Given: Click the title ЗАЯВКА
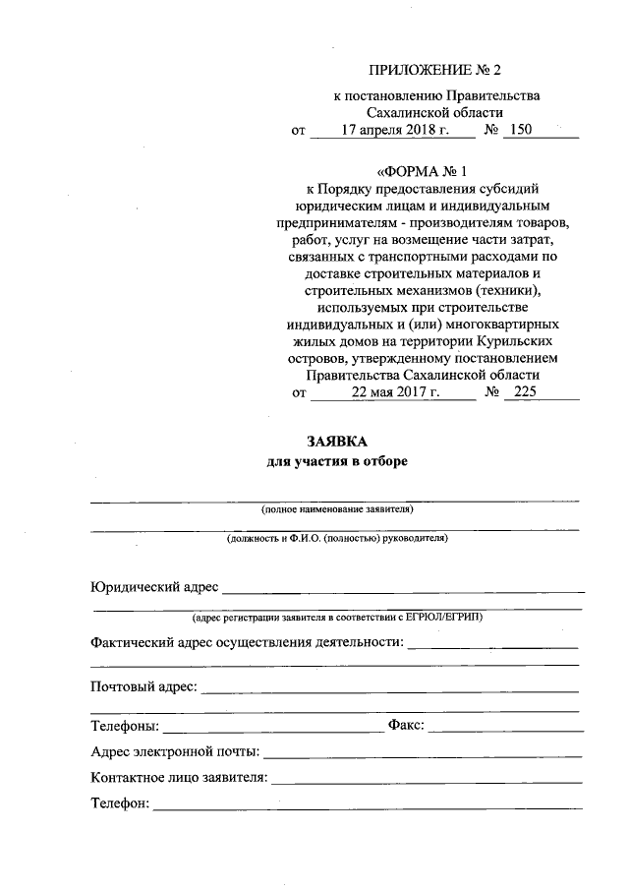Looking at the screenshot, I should (x=336, y=442).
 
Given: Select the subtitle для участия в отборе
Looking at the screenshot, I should (x=336, y=460).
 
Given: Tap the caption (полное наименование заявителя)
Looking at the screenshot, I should (x=336, y=509).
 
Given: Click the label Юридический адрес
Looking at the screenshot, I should (x=153, y=587).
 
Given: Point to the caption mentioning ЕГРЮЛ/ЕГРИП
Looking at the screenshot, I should (x=336, y=617).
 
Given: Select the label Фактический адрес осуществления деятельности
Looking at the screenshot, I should (x=246, y=642).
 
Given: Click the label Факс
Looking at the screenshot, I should (x=406, y=727).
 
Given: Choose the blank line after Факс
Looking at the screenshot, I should (x=505, y=730).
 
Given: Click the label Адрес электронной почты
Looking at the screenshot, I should (x=174, y=753).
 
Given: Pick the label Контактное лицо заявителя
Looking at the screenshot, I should (x=178, y=778).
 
